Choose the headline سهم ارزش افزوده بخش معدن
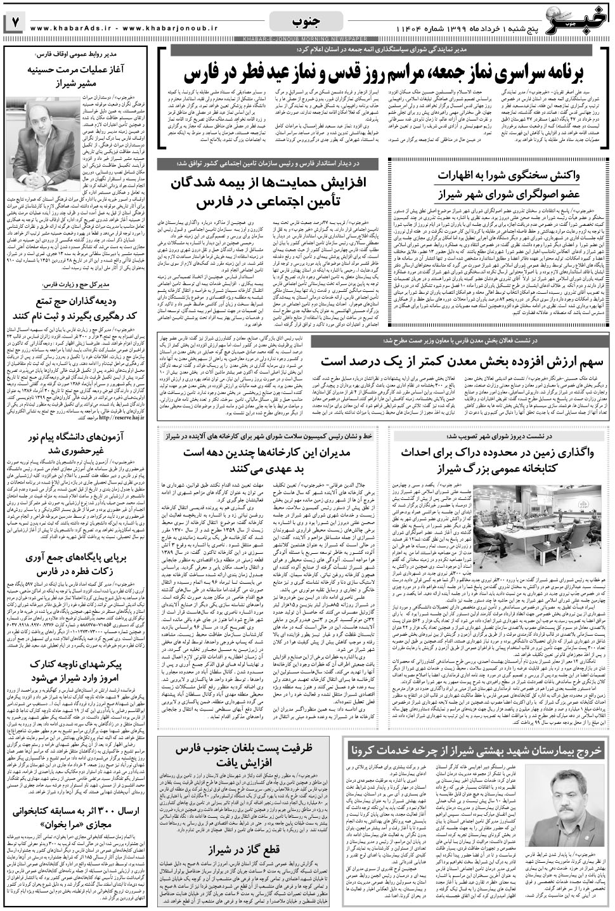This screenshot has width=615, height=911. click(455, 362)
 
